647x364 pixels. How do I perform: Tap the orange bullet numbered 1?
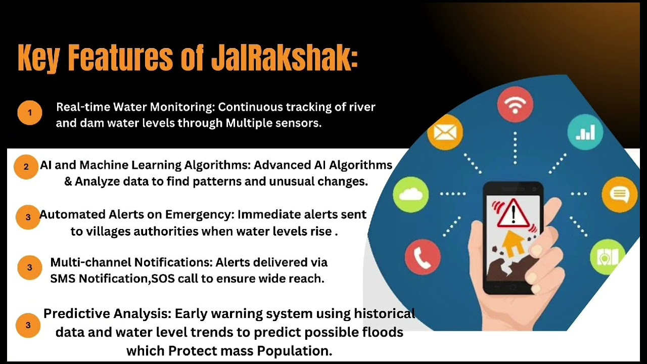click(29, 113)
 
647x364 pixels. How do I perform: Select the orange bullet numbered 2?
click(26, 166)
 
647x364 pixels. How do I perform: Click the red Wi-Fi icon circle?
click(515, 105)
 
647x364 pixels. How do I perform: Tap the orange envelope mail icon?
click(445, 132)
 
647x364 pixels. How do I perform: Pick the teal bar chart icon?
click(585, 132)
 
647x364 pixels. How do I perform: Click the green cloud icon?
click(410, 195)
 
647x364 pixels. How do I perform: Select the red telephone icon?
click(423, 257)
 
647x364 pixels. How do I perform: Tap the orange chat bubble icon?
click(620, 195)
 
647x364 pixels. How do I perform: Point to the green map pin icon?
click(607, 257)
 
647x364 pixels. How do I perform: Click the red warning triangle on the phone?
click(513, 213)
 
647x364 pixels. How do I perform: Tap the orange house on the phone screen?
click(513, 243)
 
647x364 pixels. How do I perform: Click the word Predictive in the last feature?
click(76, 313)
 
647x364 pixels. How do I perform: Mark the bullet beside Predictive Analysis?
click(29, 325)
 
